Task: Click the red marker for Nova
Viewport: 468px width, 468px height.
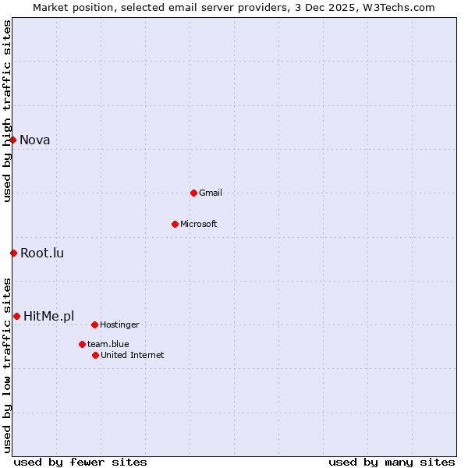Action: coord(13,140)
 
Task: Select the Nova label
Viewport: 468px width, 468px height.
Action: coord(35,140)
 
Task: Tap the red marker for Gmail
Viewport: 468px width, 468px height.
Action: coord(193,193)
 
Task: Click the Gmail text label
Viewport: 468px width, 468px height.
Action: coord(211,193)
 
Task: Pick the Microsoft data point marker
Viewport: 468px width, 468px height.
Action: coord(175,224)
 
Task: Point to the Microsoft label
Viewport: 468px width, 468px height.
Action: coord(199,225)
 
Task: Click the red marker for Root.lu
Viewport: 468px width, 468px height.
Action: coord(13,253)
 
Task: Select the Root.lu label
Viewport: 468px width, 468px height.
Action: coord(42,253)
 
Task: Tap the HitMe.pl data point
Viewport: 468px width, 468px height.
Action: coord(16,316)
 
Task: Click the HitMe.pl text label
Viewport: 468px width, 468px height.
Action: coord(49,317)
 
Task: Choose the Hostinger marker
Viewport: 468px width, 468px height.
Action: coord(94,324)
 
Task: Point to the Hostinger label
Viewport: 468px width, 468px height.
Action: coord(119,325)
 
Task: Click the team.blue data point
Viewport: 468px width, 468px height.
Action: coord(82,344)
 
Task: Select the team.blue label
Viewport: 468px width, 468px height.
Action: coord(108,345)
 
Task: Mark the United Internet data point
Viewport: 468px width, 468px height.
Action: coord(95,355)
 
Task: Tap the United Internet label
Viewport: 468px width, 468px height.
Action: coord(133,356)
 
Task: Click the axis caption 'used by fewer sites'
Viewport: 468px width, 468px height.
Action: coord(80,462)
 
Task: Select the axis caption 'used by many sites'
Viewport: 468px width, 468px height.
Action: coord(392,462)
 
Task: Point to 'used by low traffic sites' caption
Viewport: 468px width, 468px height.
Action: coord(7,365)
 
